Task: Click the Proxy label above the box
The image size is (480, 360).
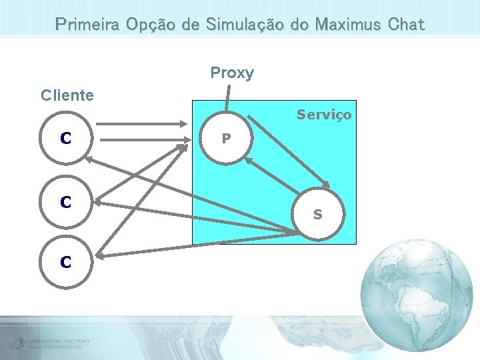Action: pos(232,73)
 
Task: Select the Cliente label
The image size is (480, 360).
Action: pos(67,95)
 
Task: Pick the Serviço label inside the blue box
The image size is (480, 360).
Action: pos(324,115)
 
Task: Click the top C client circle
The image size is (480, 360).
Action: pos(65,139)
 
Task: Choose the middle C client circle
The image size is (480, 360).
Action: pos(65,201)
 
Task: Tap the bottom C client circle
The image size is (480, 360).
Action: pos(65,262)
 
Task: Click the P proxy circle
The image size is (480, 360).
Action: pos(227,139)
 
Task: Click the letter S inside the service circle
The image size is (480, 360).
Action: pos(318,215)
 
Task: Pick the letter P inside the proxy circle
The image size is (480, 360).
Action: pos(227,139)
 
